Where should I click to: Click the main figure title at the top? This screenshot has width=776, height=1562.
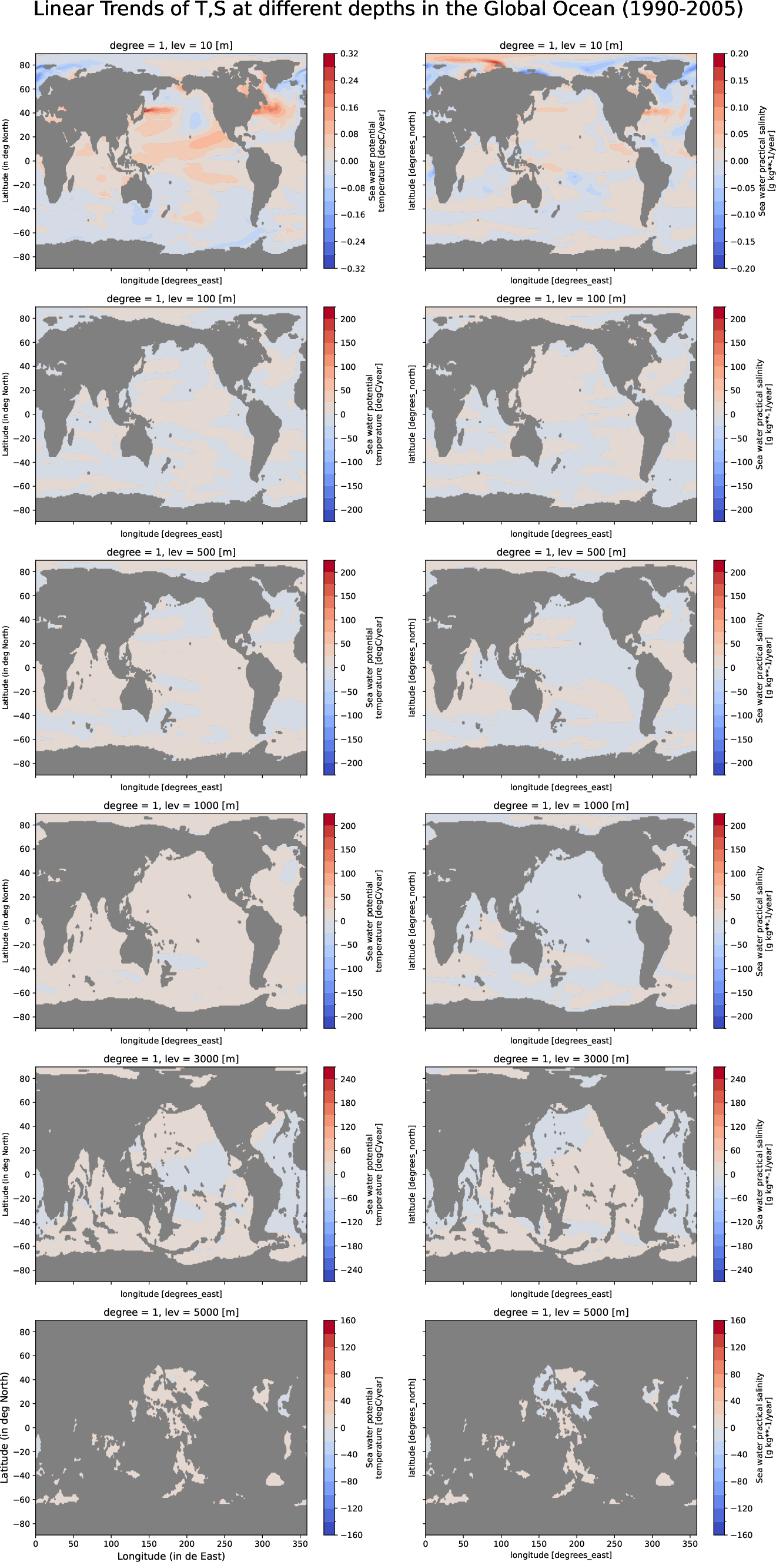[x=388, y=10]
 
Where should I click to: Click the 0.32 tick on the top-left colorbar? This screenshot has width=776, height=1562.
[x=349, y=53]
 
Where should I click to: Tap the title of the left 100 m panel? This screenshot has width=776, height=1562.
[x=171, y=298]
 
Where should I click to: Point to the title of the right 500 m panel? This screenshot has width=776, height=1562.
[x=561, y=552]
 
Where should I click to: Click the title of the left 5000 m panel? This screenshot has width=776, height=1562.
[x=171, y=1312]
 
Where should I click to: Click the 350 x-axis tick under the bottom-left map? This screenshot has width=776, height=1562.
[x=300, y=1544]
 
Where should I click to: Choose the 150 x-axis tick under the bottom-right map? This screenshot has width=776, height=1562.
[x=538, y=1544]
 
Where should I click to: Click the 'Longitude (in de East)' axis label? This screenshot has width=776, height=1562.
[x=171, y=1556]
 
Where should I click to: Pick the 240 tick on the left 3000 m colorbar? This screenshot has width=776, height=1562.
[x=348, y=1079]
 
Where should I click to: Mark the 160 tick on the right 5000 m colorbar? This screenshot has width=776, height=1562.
[x=738, y=1320]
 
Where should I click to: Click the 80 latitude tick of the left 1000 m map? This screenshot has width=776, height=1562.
[x=24, y=825]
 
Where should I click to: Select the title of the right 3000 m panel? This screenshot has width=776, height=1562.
[x=561, y=1059]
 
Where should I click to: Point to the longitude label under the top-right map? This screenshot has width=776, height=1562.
[x=561, y=280]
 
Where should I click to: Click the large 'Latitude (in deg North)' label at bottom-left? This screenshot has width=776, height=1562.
[x=5, y=1427]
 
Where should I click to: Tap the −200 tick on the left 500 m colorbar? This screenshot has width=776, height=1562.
[x=351, y=763]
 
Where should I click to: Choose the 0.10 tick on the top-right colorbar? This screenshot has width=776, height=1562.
[x=739, y=108]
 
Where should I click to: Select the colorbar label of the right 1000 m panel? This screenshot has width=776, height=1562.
[x=764, y=921]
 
